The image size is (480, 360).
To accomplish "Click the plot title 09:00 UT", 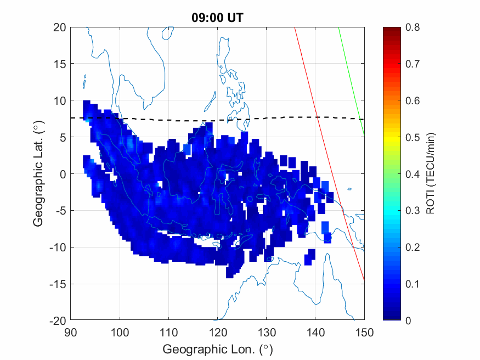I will pyautogui.click(x=217, y=18).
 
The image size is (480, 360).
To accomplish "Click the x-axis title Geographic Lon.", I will pyautogui.click(x=217, y=349).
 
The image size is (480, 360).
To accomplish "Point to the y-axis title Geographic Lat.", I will pyautogui.click(x=38, y=175).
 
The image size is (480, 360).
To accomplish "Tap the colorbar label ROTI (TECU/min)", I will pyautogui.click(x=431, y=175).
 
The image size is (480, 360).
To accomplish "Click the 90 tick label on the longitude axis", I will pyautogui.click(x=71, y=331).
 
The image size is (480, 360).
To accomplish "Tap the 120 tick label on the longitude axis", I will pyautogui.click(x=218, y=331).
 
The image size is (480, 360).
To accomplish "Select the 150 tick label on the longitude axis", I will pyautogui.click(x=364, y=331).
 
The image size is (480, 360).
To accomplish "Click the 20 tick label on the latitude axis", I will pyautogui.click(x=60, y=27).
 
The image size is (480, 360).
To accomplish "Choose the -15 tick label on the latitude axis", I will pyautogui.click(x=58, y=284).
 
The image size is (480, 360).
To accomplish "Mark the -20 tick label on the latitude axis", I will pyautogui.click(x=58, y=320).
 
